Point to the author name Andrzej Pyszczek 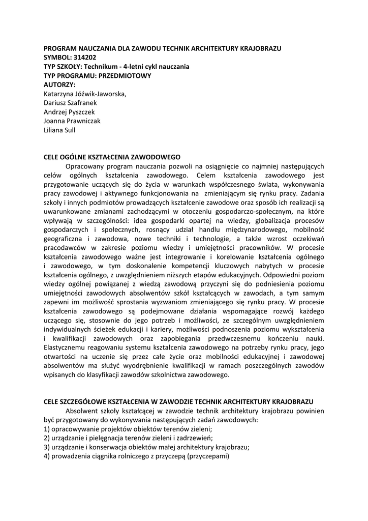(x=69, y=112)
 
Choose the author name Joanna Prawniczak (x=72, y=121)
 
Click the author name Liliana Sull (x=60, y=130)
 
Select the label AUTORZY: (x=59, y=84)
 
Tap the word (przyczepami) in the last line (x=208, y=457)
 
